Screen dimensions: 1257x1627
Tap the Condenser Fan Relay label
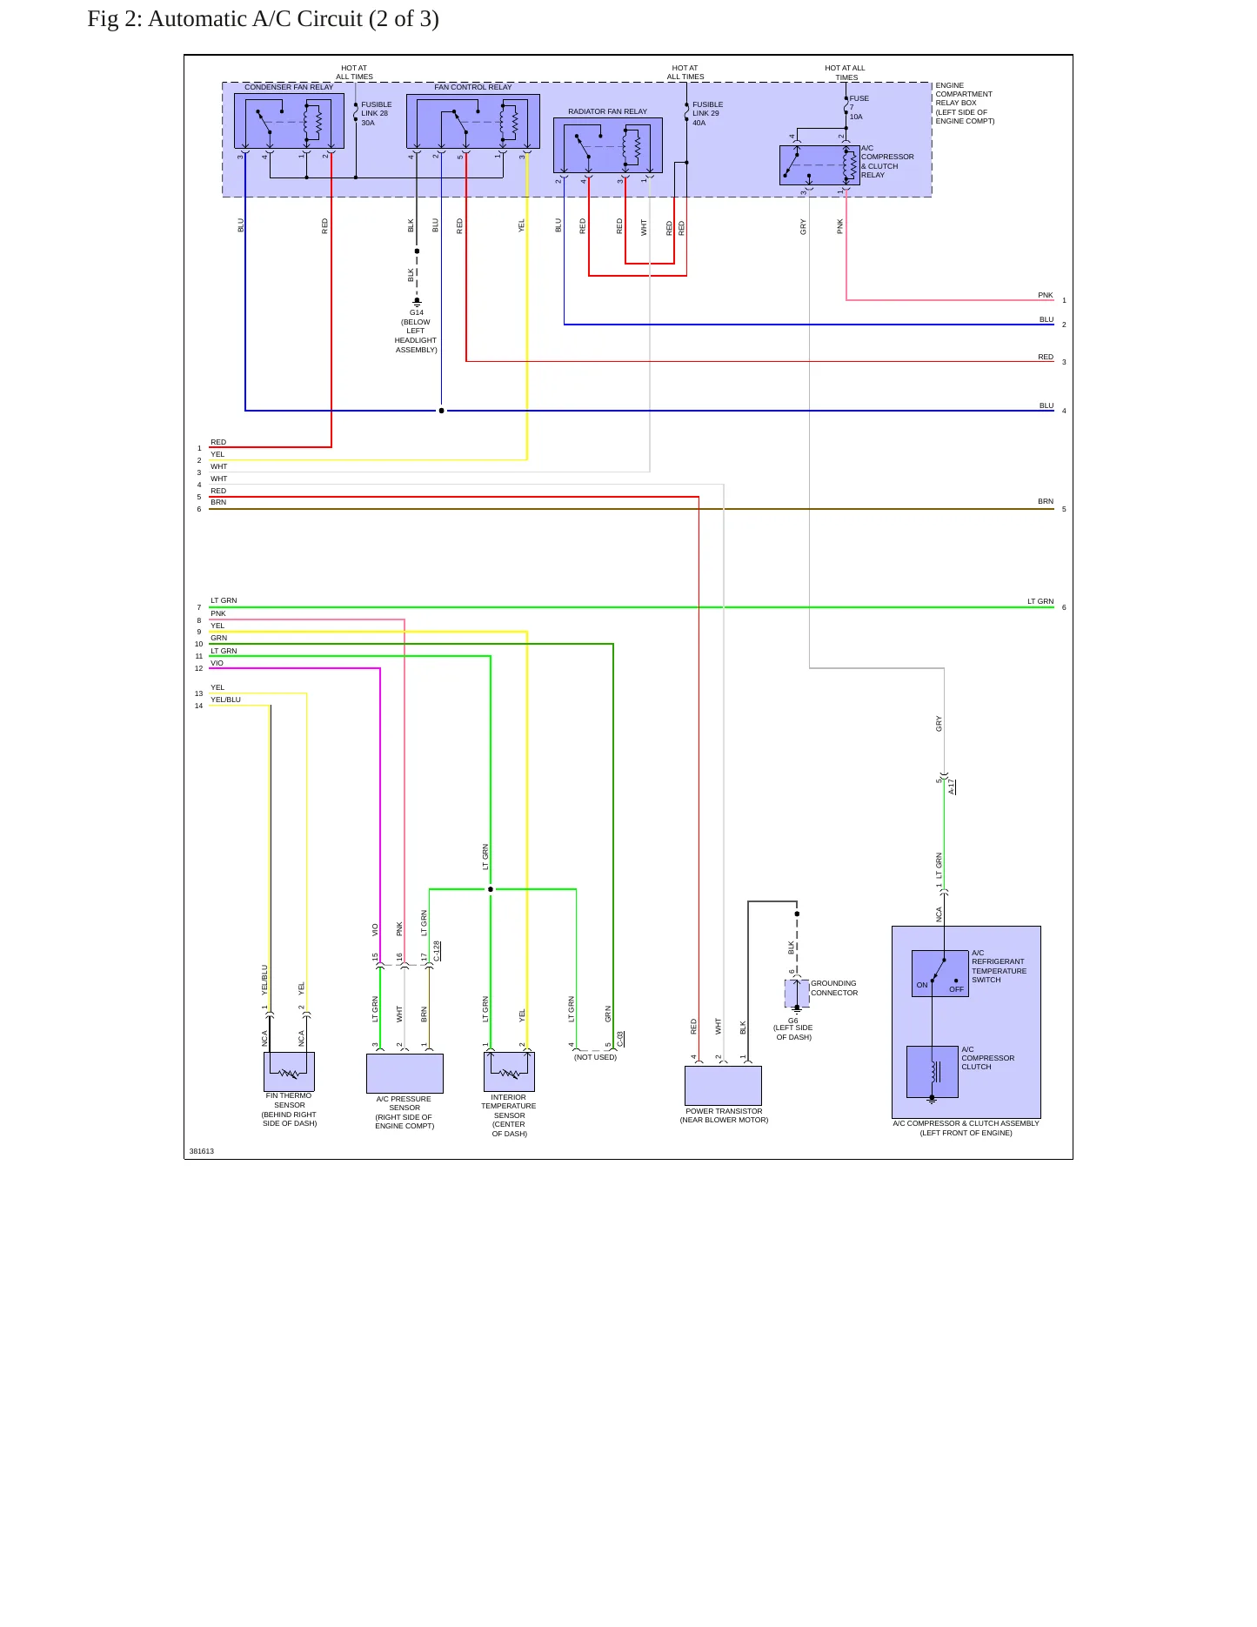289,87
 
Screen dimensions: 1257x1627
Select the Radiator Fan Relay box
608,145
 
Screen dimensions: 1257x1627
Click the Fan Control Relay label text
473,87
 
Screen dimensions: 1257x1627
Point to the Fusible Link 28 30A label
376,114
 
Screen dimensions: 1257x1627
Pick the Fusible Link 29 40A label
707,114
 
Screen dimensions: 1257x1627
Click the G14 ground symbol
417,302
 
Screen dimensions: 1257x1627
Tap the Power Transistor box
723,1086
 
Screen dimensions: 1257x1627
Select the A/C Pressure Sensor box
405,1074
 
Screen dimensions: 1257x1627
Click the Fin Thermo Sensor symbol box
289,1072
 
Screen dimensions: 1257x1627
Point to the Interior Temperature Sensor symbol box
509,1072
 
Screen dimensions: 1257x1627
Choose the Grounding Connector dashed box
797,993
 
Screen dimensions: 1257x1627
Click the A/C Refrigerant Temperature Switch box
939,973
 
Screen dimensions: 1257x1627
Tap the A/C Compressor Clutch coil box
932,1071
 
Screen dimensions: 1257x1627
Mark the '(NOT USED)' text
595,1057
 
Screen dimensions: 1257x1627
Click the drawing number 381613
202,1151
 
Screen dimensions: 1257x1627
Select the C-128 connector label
437,951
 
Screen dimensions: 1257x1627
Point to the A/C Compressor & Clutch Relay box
819,165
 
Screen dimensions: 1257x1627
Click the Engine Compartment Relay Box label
965,104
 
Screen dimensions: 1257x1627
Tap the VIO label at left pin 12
217,663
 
